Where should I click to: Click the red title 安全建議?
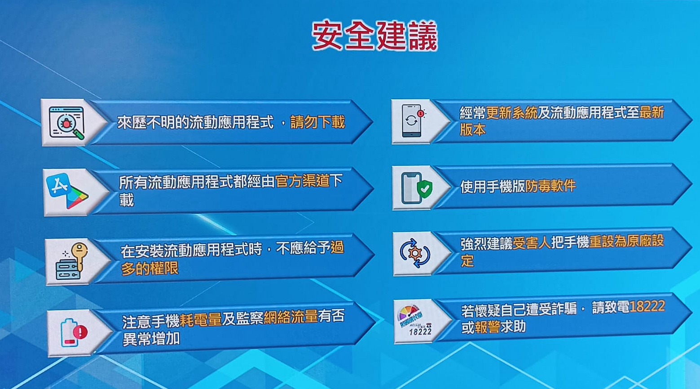point(374,35)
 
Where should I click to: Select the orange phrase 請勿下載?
point(317,122)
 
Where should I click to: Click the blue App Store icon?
point(58,185)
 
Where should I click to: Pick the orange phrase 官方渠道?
point(303,181)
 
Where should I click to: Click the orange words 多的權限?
point(150,268)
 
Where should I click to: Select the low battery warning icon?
point(74,333)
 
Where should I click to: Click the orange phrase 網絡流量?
point(291,317)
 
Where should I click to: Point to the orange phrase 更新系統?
point(511,113)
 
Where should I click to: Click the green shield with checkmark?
point(425,189)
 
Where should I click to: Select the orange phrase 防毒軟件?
point(550,186)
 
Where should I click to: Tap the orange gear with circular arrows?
point(415,253)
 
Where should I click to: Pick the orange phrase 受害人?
point(532,243)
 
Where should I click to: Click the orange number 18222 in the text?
point(647,306)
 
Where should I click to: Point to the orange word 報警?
point(487,327)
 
